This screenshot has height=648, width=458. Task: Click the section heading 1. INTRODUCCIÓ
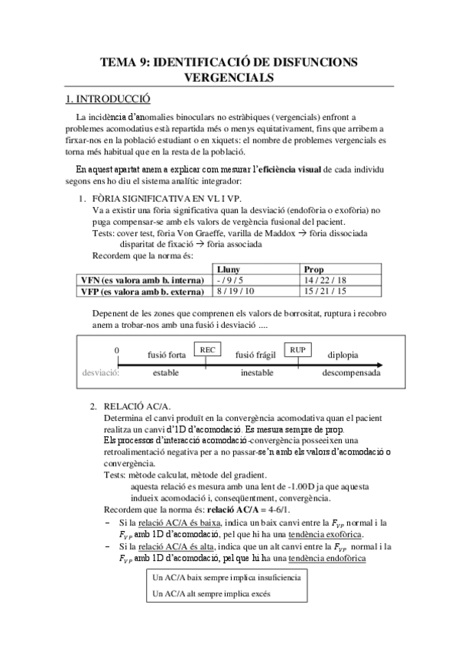[x=108, y=99]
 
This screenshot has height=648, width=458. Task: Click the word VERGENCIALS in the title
[x=229, y=77]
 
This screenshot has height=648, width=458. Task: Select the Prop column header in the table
[x=313, y=270]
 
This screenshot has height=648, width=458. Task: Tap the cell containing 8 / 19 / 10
[x=235, y=291]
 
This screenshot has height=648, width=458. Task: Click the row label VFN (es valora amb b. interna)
[x=143, y=280]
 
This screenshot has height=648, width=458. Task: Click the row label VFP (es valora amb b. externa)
[x=143, y=291]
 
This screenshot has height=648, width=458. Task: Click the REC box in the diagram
[x=206, y=349]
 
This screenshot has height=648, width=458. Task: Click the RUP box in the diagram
[x=298, y=349]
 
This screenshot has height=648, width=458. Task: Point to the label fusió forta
[x=166, y=355]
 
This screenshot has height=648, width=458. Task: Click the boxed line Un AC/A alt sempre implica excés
[x=211, y=591]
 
